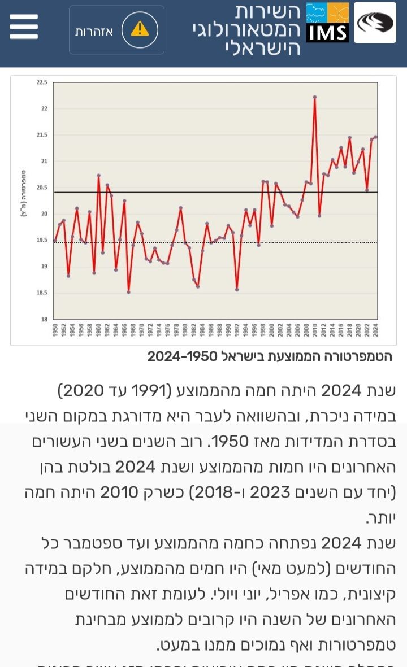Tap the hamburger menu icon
point(24,27)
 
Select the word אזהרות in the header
point(94,32)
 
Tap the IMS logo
point(327,23)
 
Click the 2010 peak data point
point(315,97)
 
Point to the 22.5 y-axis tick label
point(42,82)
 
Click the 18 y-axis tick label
point(44,319)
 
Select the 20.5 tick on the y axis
point(42,188)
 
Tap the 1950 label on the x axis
point(55,330)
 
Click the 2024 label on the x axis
point(375,330)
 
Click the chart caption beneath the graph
point(270,356)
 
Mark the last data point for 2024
point(375,137)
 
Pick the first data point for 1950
point(55,241)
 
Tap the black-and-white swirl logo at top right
point(375,23)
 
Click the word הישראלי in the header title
point(262,47)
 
